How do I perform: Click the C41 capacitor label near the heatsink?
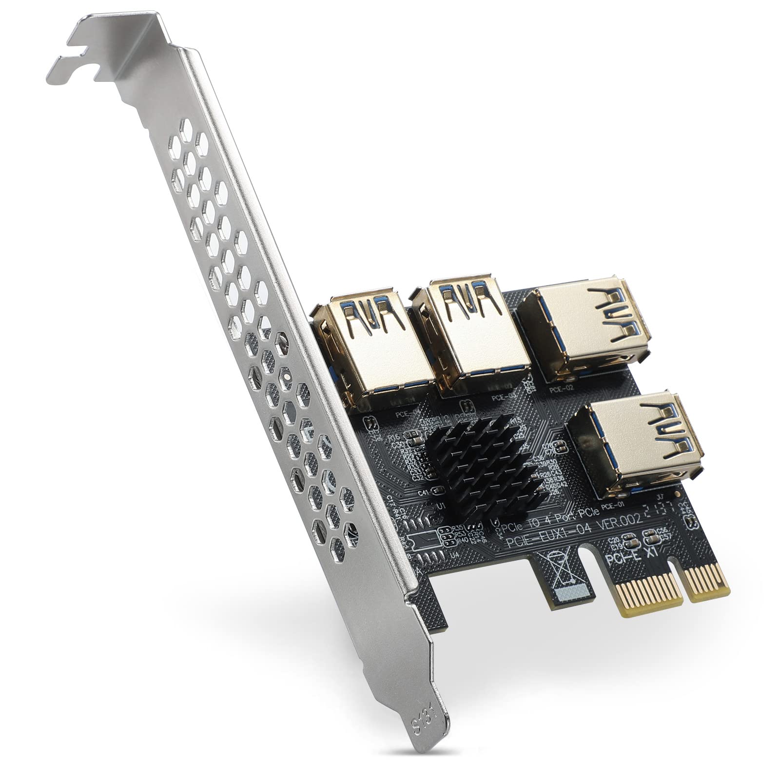[x=424, y=493]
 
